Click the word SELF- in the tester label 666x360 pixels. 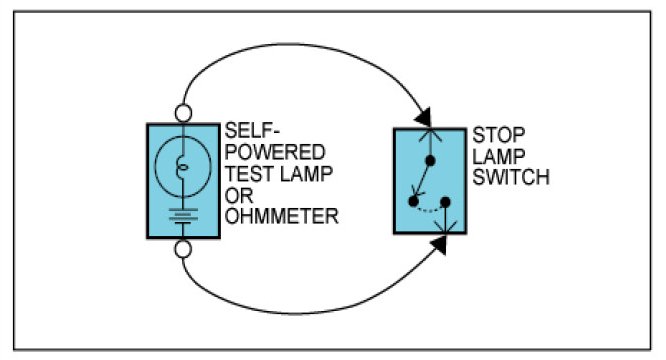tap(252, 131)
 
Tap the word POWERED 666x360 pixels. tap(275, 152)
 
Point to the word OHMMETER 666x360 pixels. tap(282, 217)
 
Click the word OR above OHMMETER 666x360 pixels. tap(239, 195)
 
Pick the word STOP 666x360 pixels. tap(499, 135)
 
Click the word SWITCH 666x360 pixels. tap(511, 177)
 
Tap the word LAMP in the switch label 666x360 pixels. tap(499, 157)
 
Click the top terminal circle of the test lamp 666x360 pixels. tap(183, 113)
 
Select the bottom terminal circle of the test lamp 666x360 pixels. tap(183, 249)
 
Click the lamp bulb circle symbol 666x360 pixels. tap(155, 166)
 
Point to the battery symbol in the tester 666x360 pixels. tap(183, 216)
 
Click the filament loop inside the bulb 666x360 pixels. tap(182, 167)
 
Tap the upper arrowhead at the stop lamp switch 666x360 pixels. tap(424, 117)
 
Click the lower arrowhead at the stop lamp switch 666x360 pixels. tap(440, 245)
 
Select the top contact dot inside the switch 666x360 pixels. tap(430, 161)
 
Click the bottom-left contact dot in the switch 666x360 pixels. tap(413, 201)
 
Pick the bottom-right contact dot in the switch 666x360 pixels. tap(445, 202)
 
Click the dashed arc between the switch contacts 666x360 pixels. tap(429, 210)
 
